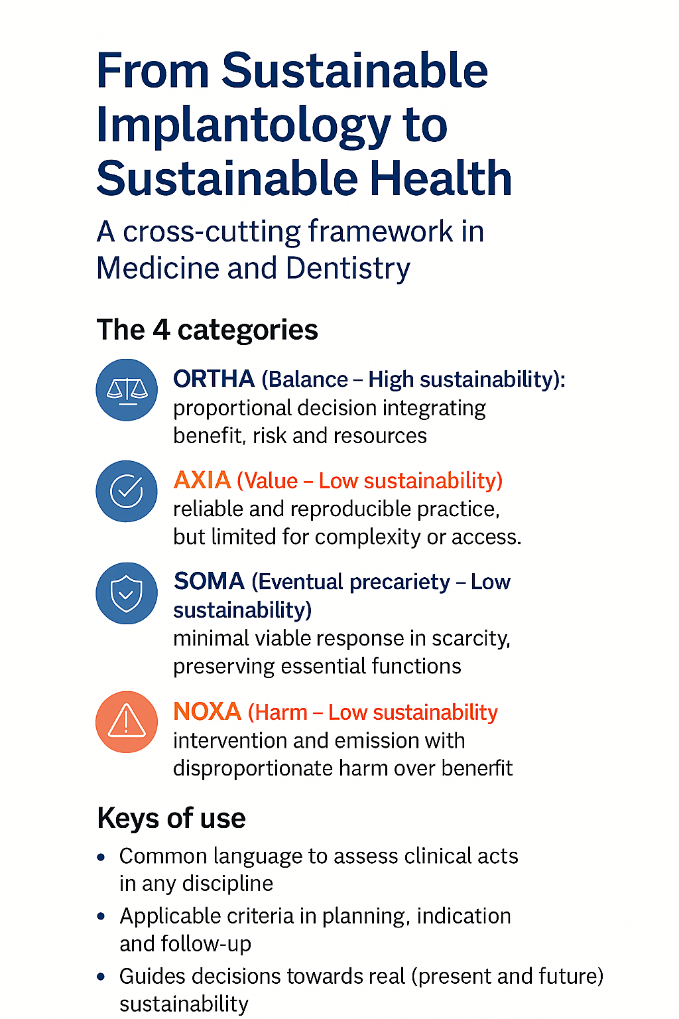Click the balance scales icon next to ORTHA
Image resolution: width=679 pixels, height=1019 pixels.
(127, 390)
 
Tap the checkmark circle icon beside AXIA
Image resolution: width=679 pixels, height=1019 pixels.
(127, 492)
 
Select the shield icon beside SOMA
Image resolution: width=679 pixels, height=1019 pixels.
(127, 593)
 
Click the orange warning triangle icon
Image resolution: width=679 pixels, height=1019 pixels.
(127, 722)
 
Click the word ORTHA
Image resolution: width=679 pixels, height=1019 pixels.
(214, 379)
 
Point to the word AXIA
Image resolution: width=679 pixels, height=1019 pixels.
(202, 480)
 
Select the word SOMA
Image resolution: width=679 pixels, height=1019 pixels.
(209, 581)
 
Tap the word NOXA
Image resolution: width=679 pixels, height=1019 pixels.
(207, 711)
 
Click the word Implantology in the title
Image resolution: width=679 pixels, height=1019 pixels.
(243, 125)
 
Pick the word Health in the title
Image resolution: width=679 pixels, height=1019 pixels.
(441, 178)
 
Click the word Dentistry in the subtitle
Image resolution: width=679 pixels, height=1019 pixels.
(348, 269)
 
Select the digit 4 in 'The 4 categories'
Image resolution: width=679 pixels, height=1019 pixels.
(161, 329)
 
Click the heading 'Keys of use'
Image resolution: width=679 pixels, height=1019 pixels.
(172, 819)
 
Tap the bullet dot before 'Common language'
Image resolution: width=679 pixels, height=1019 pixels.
(101, 858)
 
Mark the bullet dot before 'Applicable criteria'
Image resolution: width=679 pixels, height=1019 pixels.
(101, 917)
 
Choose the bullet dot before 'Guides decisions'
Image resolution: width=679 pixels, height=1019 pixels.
(101, 977)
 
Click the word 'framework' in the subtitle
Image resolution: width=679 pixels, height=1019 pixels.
(381, 231)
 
